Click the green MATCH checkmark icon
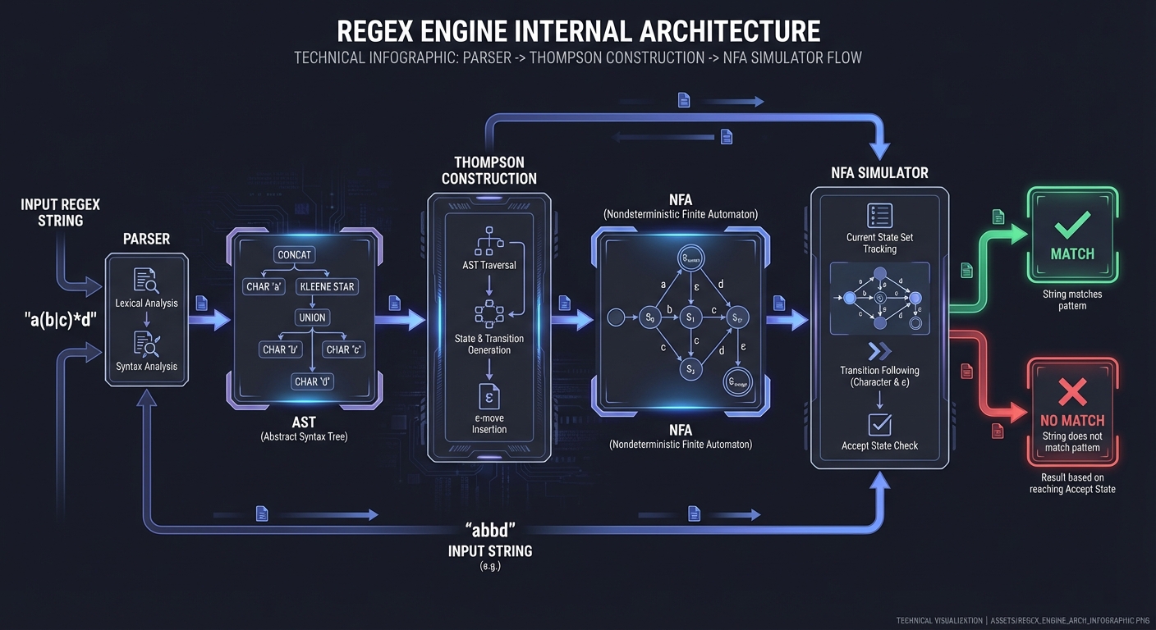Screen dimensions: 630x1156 pyautogui.click(x=1072, y=221)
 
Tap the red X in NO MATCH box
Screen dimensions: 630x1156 pyautogui.click(x=1072, y=392)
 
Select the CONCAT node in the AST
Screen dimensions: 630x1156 pyautogui.click(x=294, y=255)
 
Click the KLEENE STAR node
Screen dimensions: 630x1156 pyautogui.click(x=327, y=287)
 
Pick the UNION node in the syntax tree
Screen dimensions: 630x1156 pyautogui.click(x=312, y=317)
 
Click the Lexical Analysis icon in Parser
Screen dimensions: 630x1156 pyautogui.click(x=146, y=281)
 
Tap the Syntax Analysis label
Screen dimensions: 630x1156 pyautogui.click(x=146, y=367)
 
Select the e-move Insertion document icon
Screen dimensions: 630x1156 pyautogui.click(x=489, y=396)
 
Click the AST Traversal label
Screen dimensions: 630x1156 pyautogui.click(x=489, y=265)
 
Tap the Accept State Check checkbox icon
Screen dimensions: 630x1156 pyautogui.click(x=879, y=424)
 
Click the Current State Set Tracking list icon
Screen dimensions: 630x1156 pyautogui.click(x=879, y=216)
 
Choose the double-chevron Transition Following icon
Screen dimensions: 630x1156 pyautogui.click(x=879, y=351)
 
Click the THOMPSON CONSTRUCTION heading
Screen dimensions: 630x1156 pyautogui.click(x=489, y=170)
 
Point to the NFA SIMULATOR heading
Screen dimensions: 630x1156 pyautogui.click(x=879, y=173)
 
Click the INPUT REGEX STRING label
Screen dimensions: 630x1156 pyautogui.click(x=60, y=212)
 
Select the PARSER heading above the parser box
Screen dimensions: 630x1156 pyautogui.click(x=146, y=240)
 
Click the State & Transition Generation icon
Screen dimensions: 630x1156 pyautogui.click(x=489, y=314)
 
